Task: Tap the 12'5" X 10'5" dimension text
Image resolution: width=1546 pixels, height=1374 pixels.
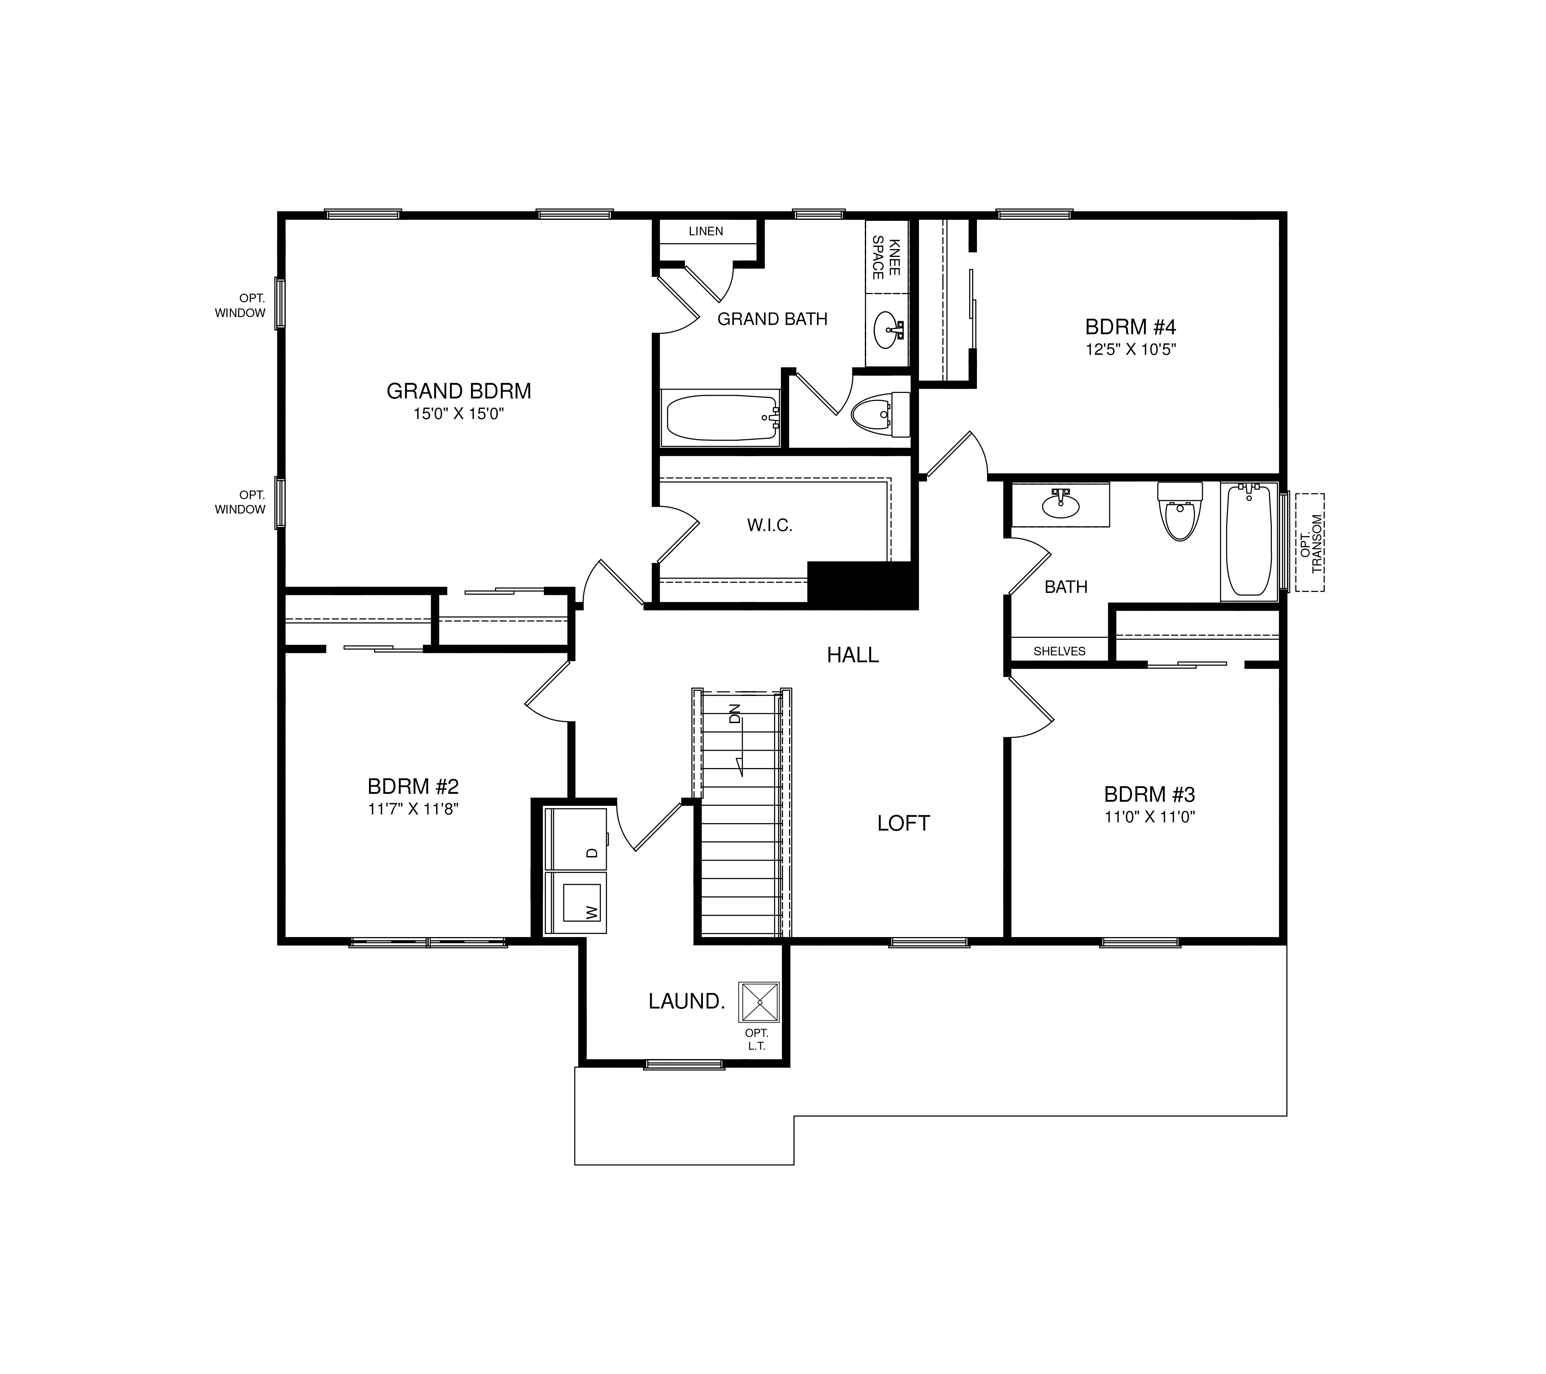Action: coord(1131,349)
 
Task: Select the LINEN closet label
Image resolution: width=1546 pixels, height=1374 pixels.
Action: coord(706,232)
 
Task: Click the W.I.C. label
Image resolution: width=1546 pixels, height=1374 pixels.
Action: coord(770,526)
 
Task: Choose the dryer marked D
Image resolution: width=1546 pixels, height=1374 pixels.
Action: coord(575,840)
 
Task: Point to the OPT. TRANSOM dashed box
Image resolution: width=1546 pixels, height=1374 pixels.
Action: coord(1309,542)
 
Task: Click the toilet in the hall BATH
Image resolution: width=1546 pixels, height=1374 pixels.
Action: coord(1180,511)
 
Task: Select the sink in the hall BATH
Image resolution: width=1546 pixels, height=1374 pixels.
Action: coord(1061,504)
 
